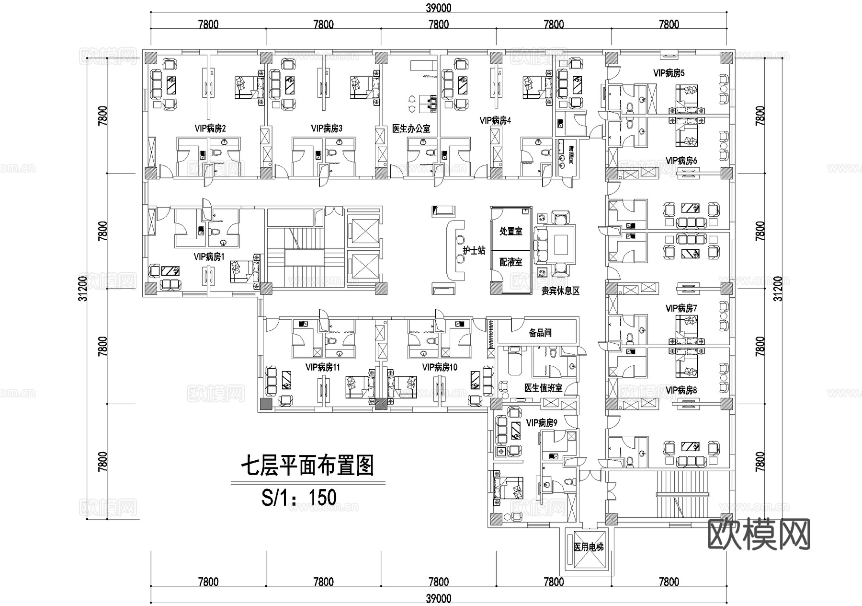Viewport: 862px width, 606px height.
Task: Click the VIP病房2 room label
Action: pyautogui.click(x=210, y=128)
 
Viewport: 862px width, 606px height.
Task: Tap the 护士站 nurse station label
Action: pyautogui.click(x=474, y=251)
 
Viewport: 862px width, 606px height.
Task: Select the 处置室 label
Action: pyautogui.click(x=510, y=232)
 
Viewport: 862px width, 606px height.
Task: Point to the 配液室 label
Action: pyautogui.click(x=510, y=262)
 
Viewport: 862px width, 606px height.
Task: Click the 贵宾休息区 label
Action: pyautogui.click(x=560, y=291)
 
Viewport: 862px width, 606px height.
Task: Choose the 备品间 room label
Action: pyautogui.click(x=540, y=333)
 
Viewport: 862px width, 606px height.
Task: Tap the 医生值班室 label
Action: pyautogui.click(x=543, y=388)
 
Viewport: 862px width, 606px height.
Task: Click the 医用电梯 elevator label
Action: pyautogui.click(x=589, y=547)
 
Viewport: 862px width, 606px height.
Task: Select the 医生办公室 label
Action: pyautogui.click(x=411, y=128)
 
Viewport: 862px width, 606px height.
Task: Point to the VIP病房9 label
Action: pyautogui.click(x=542, y=423)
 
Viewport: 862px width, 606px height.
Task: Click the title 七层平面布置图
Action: pyautogui.click(x=307, y=466)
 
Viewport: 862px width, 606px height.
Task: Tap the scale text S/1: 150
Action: pyautogui.click(x=299, y=497)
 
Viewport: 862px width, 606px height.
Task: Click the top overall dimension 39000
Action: pyautogui.click(x=438, y=8)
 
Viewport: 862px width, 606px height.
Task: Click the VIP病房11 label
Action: pyautogui.click(x=323, y=367)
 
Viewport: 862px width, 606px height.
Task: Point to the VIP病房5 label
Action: pyautogui.click(x=669, y=73)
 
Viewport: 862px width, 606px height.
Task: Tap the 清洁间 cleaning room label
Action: pyautogui.click(x=571, y=155)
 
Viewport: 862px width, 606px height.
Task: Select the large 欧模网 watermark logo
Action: pyautogui.click(x=759, y=534)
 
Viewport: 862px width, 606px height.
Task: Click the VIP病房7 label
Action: pyautogui.click(x=681, y=308)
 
